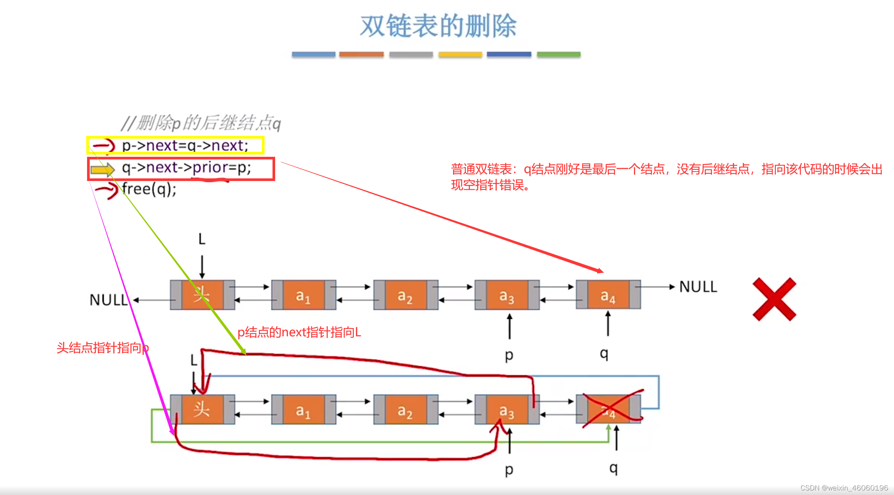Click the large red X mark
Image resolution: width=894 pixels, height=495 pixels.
(x=774, y=299)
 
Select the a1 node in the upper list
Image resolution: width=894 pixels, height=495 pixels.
(x=304, y=295)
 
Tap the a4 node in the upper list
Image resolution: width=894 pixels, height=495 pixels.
(x=608, y=295)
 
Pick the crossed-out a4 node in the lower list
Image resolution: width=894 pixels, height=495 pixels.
(x=608, y=410)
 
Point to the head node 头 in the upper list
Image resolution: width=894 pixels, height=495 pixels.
(x=202, y=295)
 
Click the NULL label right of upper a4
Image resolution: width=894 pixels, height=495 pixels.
(x=698, y=287)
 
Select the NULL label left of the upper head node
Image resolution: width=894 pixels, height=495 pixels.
(x=109, y=300)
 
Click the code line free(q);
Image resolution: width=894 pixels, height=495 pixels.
(x=149, y=189)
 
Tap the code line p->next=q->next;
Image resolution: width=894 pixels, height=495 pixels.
(x=185, y=145)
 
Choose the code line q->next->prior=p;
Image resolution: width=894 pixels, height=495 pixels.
(x=186, y=167)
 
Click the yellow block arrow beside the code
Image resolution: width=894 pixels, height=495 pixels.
(x=103, y=170)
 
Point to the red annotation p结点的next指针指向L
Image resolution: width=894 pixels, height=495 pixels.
(x=299, y=332)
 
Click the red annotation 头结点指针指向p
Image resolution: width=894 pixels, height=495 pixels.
(x=103, y=348)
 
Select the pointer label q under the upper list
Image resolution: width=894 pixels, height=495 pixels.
(x=604, y=353)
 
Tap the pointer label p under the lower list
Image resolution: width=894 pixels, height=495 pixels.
(x=509, y=470)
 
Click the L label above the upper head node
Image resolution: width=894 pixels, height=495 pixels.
(x=202, y=239)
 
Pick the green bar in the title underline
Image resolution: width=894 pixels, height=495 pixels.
(x=558, y=55)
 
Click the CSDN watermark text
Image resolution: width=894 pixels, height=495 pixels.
(x=844, y=488)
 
